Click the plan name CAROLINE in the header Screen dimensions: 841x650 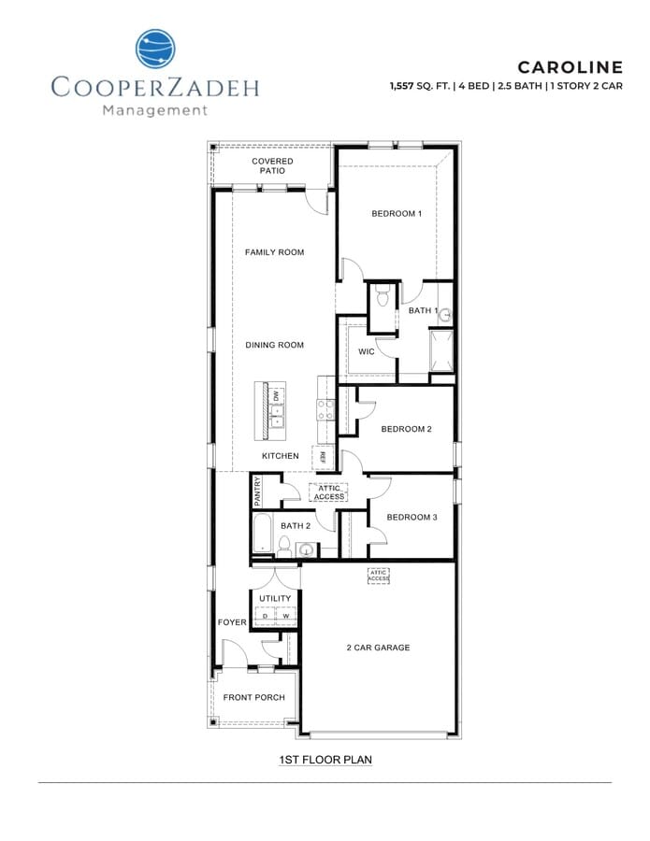tap(570, 67)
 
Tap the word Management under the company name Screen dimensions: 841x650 tap(154, 110)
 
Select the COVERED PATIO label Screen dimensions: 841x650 tap(273, 166)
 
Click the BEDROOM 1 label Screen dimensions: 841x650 tap(397, 214)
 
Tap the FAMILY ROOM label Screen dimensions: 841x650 tap(274, 252)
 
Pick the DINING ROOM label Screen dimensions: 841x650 tap(274, 346)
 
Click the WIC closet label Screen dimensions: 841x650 tap(367, 352)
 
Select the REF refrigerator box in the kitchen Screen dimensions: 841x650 tap(322, 457)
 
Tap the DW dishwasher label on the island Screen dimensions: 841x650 tap(277, 396)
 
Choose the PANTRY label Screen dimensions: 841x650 tap(258, 491)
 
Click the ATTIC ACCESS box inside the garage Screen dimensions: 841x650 tap(378, 577)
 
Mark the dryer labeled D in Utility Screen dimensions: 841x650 tap(266, 616)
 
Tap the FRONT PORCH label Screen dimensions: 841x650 tap(253, 698)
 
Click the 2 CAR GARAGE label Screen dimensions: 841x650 tap(378, 648)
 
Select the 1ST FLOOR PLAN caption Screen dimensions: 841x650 tap(325, 760)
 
